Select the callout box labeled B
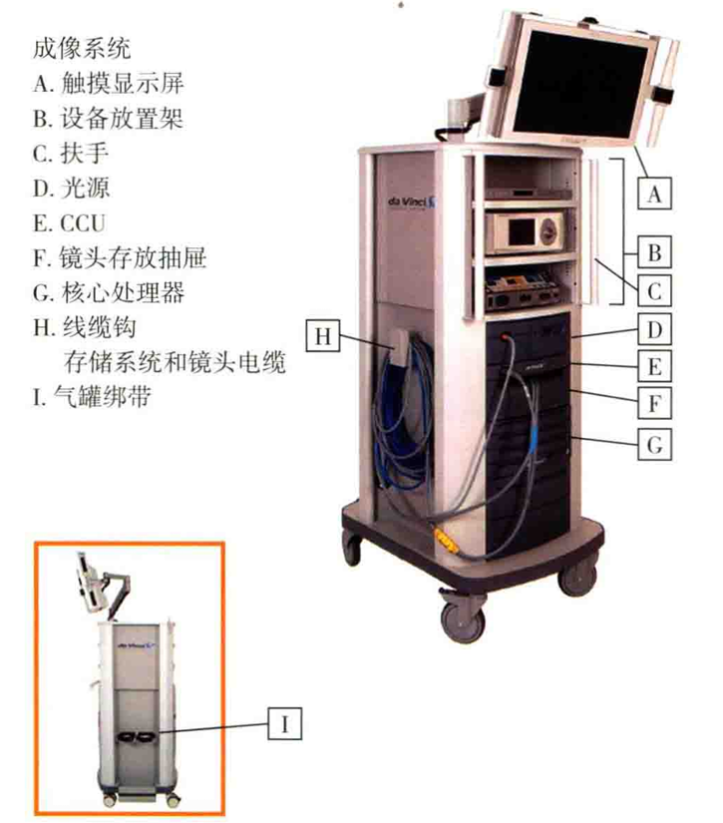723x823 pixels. (653, 251)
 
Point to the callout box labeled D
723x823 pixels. (653, 328)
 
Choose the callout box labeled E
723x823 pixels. (653, 366)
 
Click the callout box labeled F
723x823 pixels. (653, 404)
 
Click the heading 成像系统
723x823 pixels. (82, 47)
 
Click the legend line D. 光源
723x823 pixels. (76, 188)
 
